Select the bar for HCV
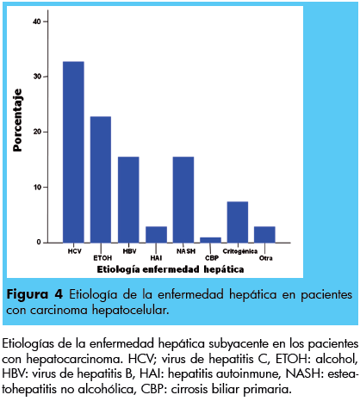[x=73, y=152]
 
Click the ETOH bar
[x=101, y=180]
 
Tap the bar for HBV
[x=128, y=200]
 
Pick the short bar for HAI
[x=156, y=235]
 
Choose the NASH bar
[x=183, y=200]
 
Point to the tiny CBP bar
[x=210, y=240]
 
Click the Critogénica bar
[x=238, y=222]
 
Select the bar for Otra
[x=264, y=235]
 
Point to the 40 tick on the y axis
[x=37, y=22]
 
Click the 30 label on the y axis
[x=37, y=77]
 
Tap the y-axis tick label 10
[x=37, y=188]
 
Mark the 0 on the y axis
[x=39, y=243]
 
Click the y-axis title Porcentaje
[x=17, y=120]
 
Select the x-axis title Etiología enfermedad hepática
[x=171, y=269]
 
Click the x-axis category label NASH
[x=186, y=251]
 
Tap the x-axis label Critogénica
[x=240, y=251]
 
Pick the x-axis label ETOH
[x=102, y=258]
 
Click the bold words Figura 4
[x=34, y=294]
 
